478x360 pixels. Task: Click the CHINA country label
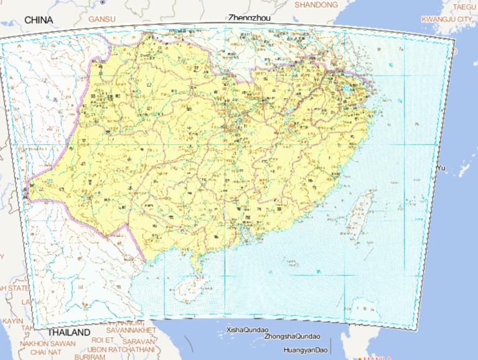point(39,21)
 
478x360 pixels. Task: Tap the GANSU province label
point(102,19)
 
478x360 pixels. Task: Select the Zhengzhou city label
point(249,18)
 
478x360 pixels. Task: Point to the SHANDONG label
point(316,5)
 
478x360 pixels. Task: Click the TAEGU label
point(463,7)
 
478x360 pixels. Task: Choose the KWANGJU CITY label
point(446,20)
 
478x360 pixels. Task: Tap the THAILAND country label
point(68,333)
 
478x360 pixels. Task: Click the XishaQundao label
point(246,330)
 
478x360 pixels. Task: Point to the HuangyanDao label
point(305,351)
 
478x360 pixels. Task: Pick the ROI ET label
point(103,340)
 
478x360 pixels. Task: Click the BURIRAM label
point(88,358)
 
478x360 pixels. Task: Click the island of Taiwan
point(358,214)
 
